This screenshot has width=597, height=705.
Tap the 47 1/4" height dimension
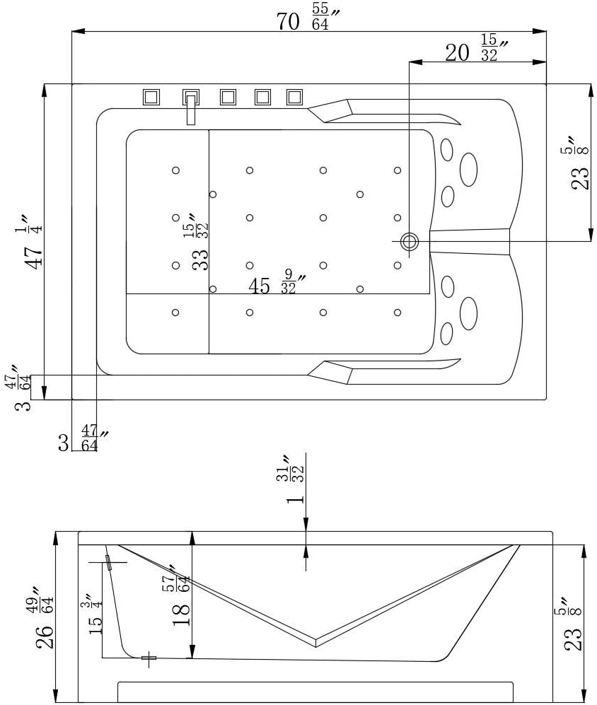tap(33, 241)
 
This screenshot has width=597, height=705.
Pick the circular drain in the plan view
tap(410, 241)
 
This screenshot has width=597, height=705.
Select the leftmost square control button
tap(151, 97)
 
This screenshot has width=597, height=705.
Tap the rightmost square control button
tap(294, 97)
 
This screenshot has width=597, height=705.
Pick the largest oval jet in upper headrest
tap(468, 169)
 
